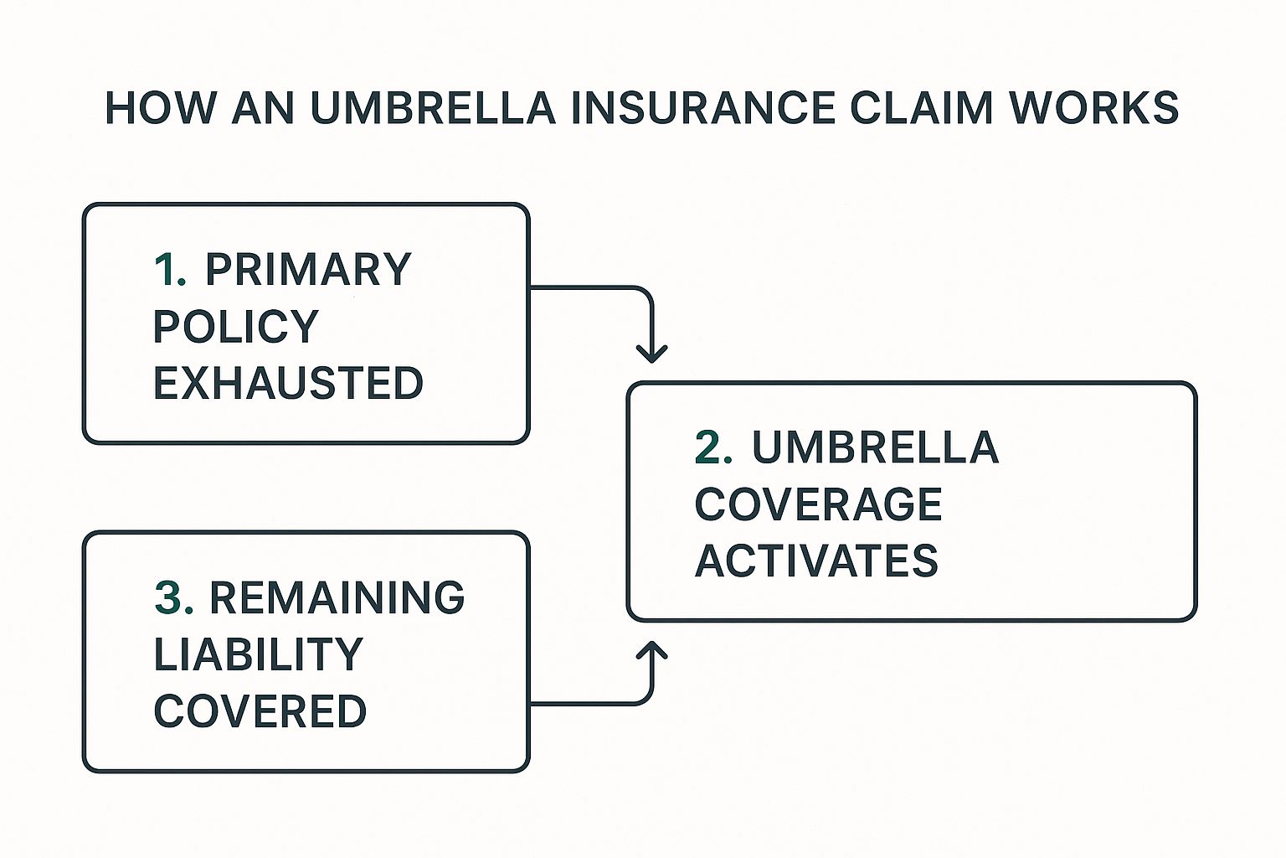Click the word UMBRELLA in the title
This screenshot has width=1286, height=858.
pos(433,109)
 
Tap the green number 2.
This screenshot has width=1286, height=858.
pos(712,447)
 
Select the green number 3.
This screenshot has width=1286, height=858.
pos(173,598)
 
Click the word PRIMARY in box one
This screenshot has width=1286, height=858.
pos(308,270)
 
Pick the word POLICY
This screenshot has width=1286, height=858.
pos(236,327)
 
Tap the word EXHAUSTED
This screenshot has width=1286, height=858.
pos(288,384)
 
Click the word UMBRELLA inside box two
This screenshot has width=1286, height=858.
pos(875,447)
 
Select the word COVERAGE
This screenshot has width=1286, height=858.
pos(818,504)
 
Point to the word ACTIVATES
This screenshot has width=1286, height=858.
pos(816,561)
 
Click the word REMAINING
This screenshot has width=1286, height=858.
pos(337,598)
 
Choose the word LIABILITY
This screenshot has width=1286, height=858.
pos(258,655)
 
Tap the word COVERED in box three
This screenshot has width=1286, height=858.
pos(260,712)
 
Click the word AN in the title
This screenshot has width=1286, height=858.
pos(262,109)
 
